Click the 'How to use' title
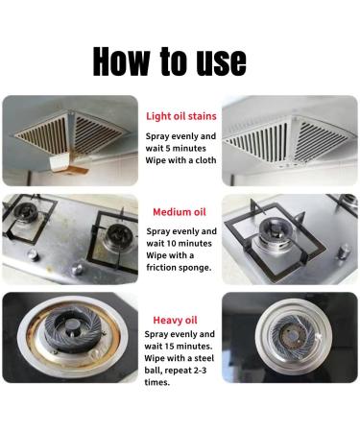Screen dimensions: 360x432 [x=170, y=61]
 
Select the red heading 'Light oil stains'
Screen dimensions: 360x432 [x=181, y=116]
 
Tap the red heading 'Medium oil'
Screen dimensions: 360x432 [x=180, y=212]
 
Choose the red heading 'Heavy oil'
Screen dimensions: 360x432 [x=175, y=320]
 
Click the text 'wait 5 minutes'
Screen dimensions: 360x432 [x=176, y=148]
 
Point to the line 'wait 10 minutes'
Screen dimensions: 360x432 [x=179, y=243]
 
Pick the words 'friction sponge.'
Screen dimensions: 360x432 [x=179, y=268]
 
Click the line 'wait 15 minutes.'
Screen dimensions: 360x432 [x=179, y=346]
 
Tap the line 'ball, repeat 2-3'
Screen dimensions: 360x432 [x=176, y=371]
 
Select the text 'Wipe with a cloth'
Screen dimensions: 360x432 [x=180, y=160]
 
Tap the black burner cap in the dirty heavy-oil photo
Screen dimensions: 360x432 [x=73, y=329]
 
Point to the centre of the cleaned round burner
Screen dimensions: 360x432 [x=292, y=337]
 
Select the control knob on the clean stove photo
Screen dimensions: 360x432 [x=345, y=252]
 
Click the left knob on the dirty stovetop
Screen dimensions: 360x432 [x=32, y=255]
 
